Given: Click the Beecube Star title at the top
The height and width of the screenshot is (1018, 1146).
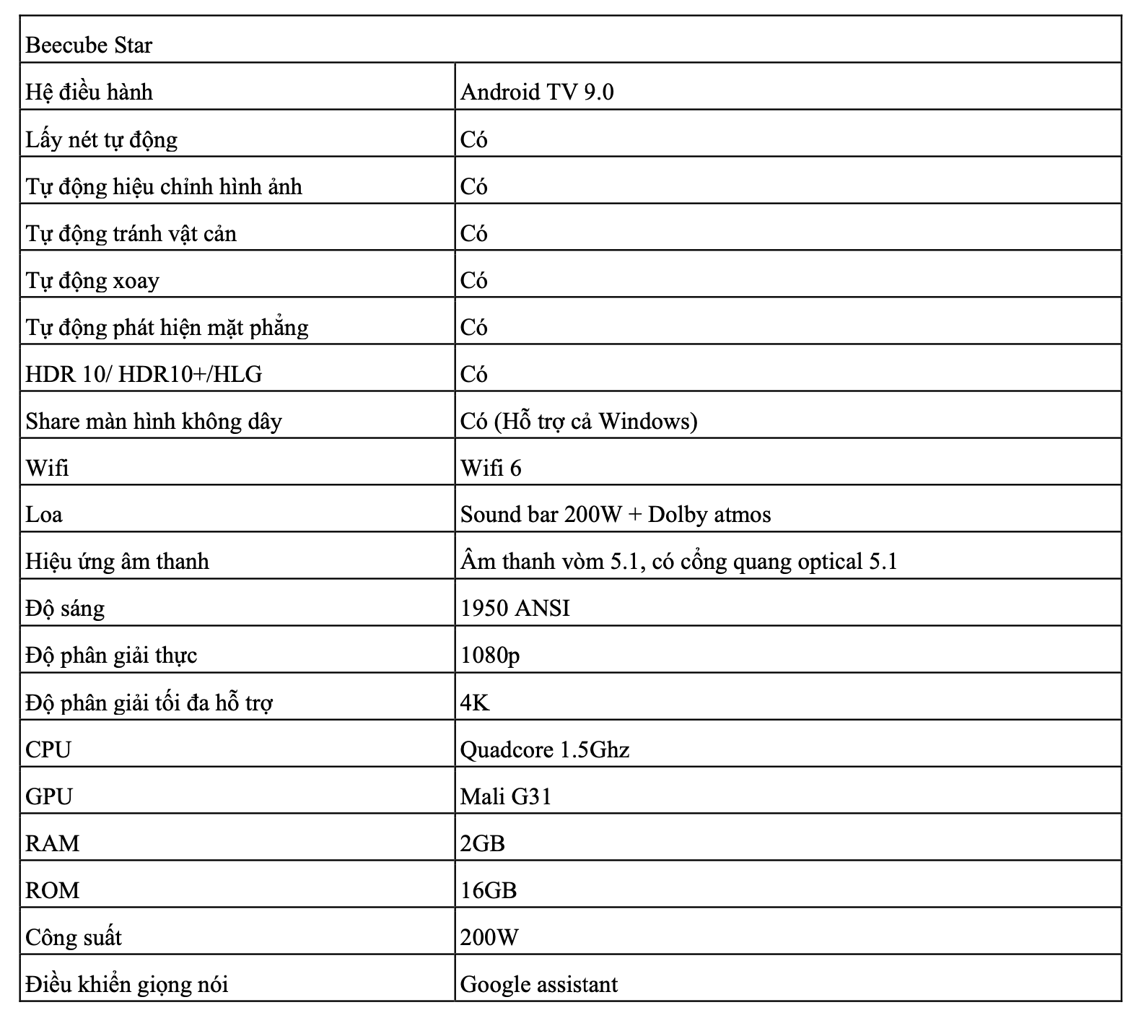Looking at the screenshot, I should (x=89, y=45).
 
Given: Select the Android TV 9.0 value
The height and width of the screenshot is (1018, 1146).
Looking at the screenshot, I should (x=537, y=92).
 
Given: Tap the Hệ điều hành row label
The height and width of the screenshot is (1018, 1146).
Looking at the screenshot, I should (x=89, y=92).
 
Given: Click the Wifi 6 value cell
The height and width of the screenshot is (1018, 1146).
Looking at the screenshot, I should (x=491, y=468).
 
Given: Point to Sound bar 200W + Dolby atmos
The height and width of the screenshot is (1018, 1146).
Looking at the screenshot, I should (x=616, y=514).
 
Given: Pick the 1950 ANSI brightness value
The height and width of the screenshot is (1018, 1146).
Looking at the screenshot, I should (x=515, y=608).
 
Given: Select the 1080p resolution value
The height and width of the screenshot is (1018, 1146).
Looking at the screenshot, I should (x=490, y=655).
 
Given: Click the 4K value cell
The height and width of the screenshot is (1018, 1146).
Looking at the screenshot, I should (x=475, y=702).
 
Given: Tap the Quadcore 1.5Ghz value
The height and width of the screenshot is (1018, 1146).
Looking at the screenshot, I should (x=545, y=749).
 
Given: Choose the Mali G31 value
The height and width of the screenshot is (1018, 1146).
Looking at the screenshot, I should (x=506, y=796).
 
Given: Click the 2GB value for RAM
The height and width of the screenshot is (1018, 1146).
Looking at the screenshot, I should (x=482, y=843).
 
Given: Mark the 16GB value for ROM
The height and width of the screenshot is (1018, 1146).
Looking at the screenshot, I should (x=489, y=889).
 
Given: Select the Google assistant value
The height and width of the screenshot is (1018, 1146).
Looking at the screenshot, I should (x=539, y=984).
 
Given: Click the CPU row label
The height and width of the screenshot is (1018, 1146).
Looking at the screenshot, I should (x=48, y=749).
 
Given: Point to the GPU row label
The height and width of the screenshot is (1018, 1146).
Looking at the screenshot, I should (x=49, y=796).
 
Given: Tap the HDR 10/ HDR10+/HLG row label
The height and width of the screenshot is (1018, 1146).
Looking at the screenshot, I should (x=144, y=374).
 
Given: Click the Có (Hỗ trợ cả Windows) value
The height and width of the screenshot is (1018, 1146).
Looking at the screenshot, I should (x=579, y=421).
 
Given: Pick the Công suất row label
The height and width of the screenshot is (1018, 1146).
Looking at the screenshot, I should (x=74, y=937).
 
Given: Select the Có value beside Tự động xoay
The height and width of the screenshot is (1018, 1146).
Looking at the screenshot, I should (x=474, y=280).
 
